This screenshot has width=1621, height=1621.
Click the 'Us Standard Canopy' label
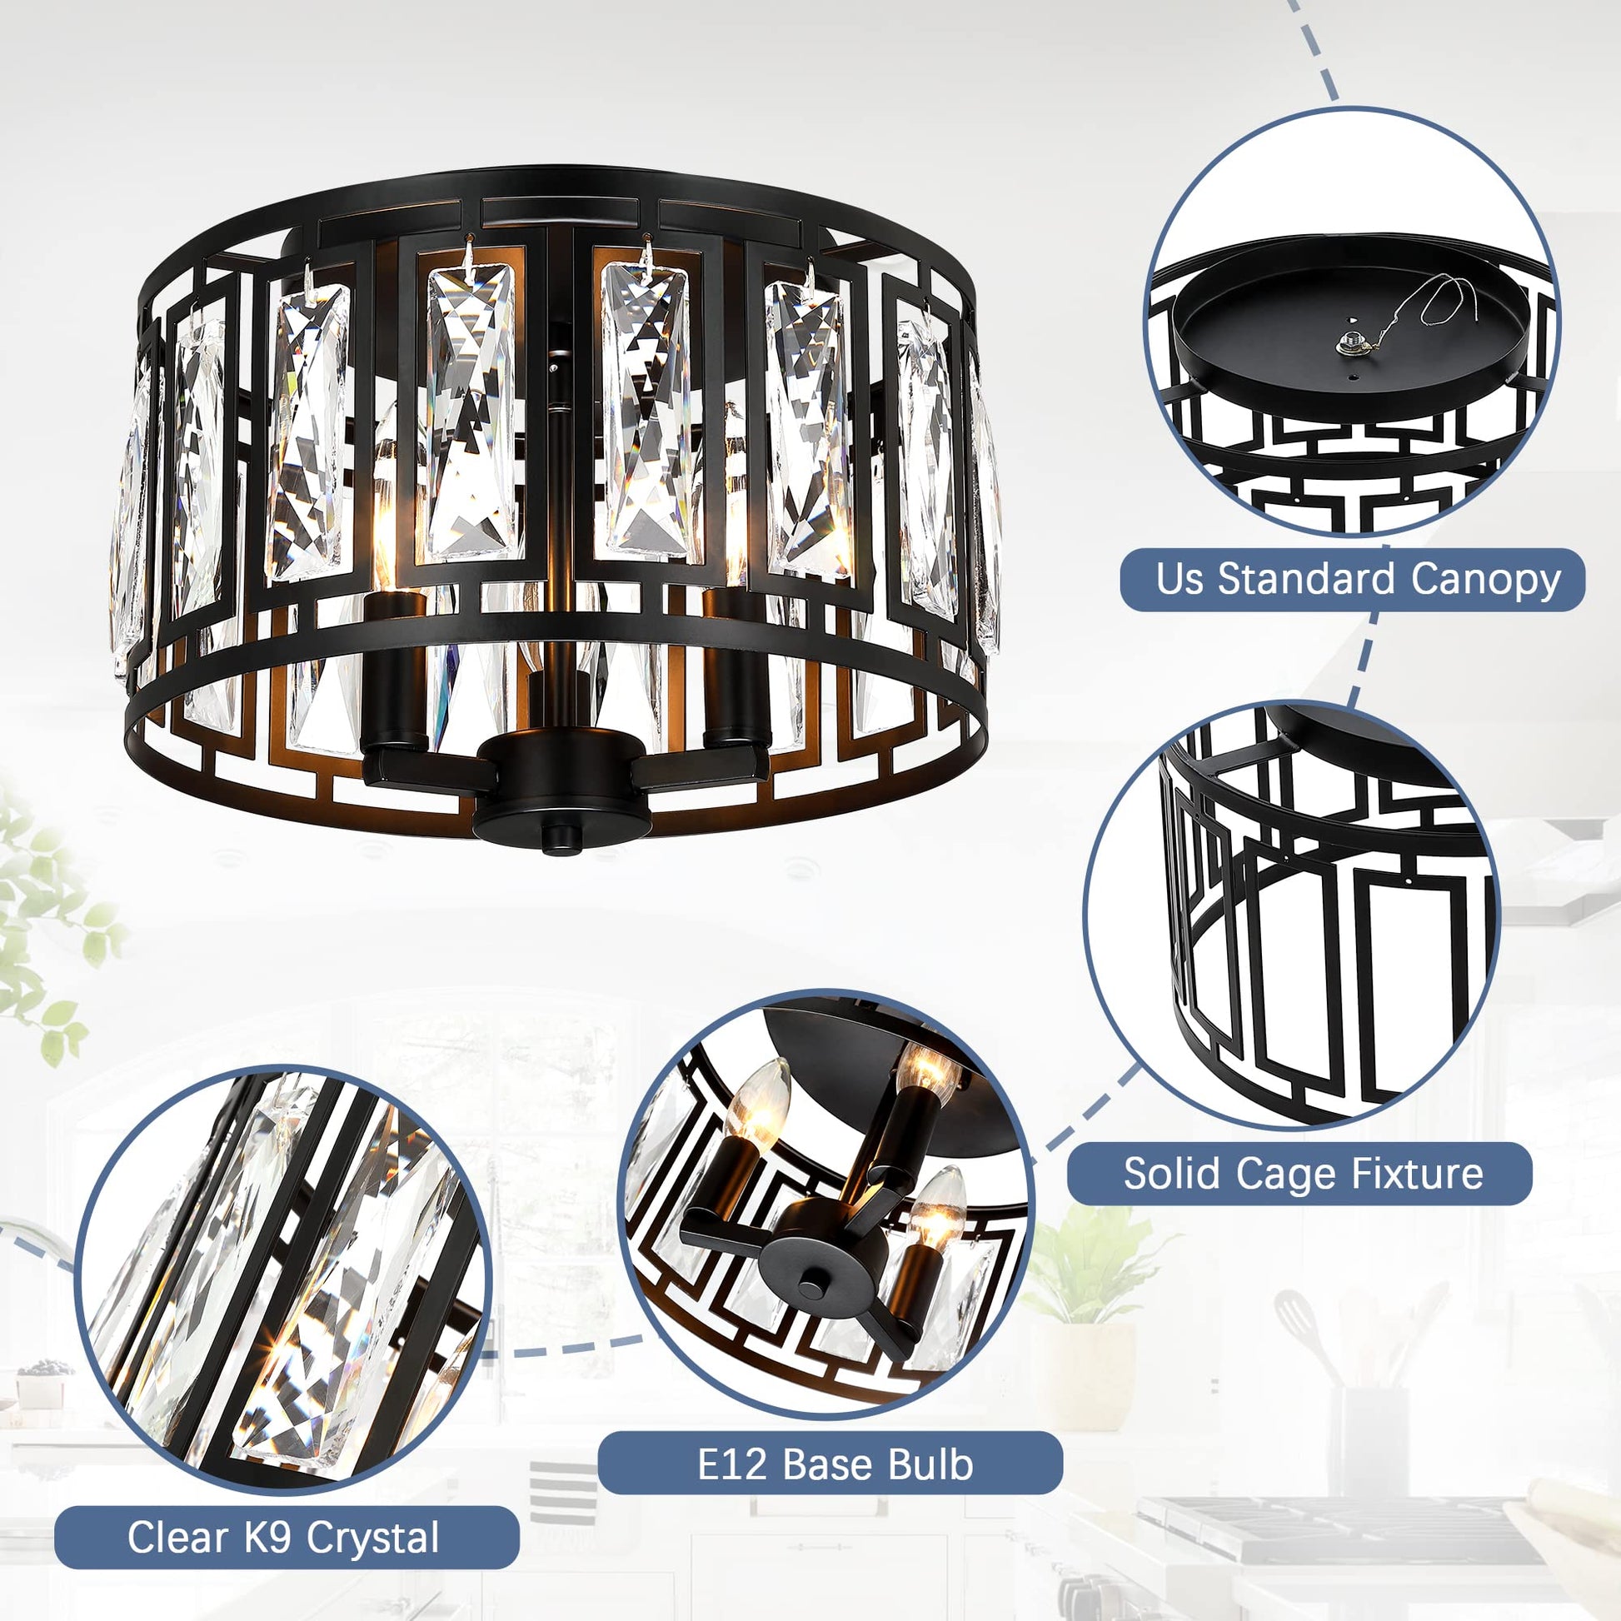pyautogui.click(x=1352, y=579)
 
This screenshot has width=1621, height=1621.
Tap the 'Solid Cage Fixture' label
pyautogui.click(x=1299, y=1173)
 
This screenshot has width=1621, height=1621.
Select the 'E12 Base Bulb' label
pyautogui.click(x=830, y=1464)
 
